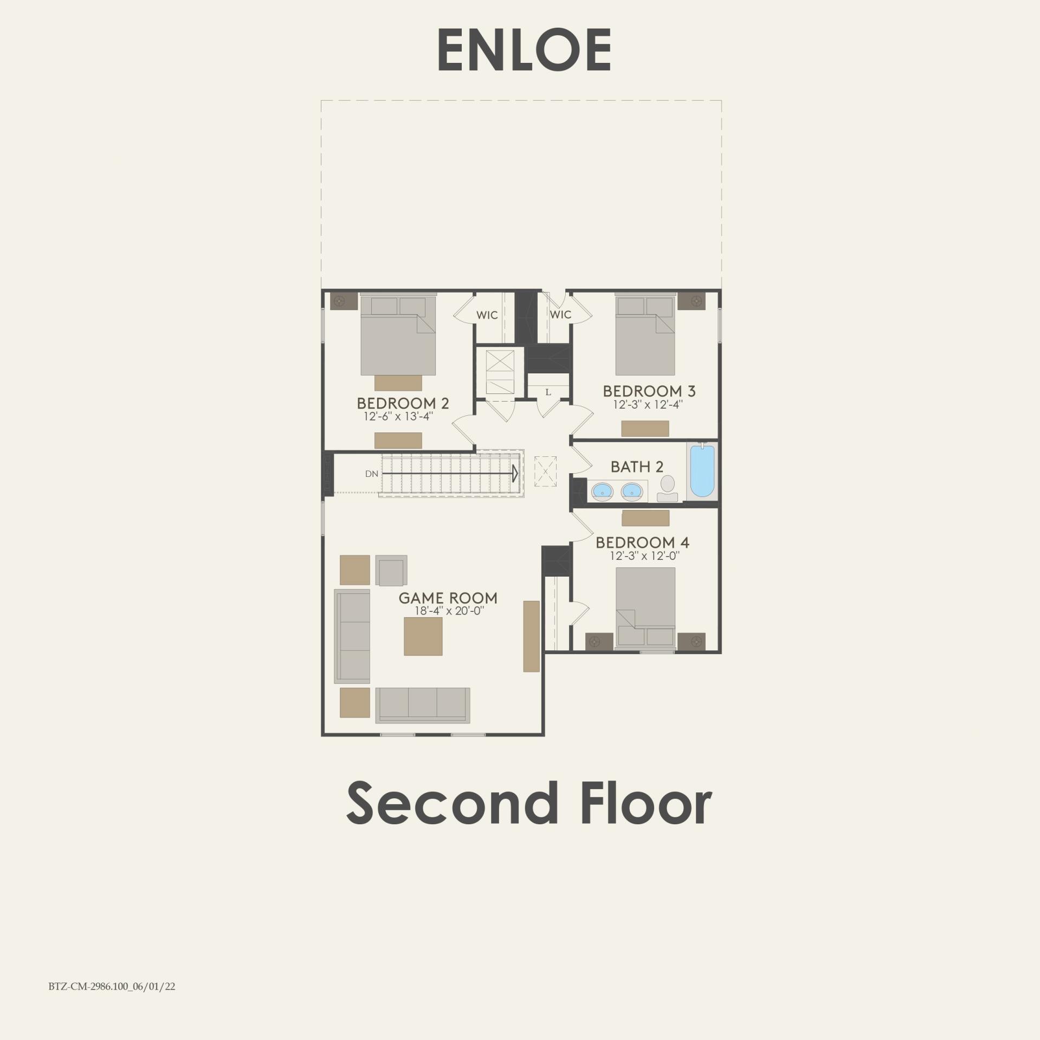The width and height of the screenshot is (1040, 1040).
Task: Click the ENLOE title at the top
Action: coord(524,50)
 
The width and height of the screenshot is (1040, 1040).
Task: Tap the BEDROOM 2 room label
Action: coord(403,403)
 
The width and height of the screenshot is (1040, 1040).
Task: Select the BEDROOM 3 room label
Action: coord(649,391)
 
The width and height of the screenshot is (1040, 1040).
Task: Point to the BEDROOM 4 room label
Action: coord(642,542)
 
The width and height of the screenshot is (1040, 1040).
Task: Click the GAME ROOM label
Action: coord(448,598)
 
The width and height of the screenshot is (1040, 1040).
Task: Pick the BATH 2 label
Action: coord(637,467)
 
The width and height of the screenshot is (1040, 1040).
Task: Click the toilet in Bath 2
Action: coord(667,488)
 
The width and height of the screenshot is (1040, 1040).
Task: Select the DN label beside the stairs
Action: coord(371,474)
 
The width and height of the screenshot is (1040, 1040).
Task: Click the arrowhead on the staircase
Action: coord(515,473)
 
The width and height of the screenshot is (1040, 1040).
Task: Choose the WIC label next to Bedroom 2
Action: coord(487,315)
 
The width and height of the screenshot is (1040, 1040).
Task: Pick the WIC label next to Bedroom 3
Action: coord(560,314)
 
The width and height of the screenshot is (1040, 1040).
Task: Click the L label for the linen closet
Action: coord(548,392)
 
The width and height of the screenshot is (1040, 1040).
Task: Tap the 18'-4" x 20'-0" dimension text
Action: coord(448,611)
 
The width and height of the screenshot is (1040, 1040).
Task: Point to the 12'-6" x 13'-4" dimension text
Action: coord(398,416)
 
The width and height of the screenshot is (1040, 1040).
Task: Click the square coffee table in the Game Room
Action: coord(423,636)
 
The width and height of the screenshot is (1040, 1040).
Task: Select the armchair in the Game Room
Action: coord(392,571)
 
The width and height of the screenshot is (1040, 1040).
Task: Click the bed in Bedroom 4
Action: coord(645,607)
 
